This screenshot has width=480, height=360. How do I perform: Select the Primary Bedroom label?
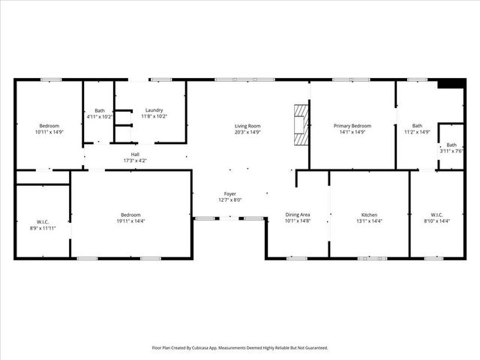coord(352,126)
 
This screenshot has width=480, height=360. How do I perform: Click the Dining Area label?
coord(297,215)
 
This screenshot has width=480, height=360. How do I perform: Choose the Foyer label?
coord(230,193)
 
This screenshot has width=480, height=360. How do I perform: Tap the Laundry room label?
coord(154,110)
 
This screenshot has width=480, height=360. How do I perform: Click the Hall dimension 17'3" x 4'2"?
coord(135,160)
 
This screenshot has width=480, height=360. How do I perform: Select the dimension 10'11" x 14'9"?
coord(49,132)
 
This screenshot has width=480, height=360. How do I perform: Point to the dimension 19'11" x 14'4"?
coord(131,221)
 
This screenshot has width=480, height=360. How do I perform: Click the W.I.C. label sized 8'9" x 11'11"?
coord(42,221)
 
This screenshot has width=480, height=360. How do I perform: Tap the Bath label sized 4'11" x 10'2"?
coord(100,110)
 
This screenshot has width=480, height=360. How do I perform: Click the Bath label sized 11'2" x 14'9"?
coord(417,126)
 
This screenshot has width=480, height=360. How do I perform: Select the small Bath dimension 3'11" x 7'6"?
coord(451,151)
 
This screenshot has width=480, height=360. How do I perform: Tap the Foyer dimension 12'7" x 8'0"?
coord(230,199)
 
